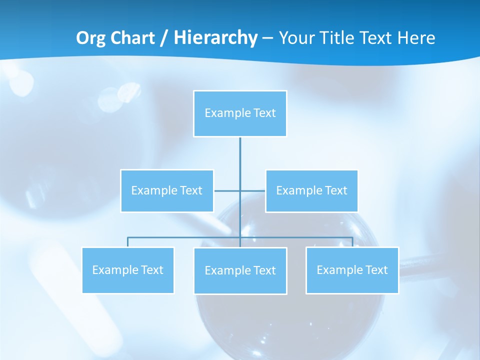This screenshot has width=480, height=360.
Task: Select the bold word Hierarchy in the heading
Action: (215, 38)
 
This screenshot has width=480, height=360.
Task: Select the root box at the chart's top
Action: (240, 113)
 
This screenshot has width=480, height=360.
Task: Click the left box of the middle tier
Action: (167, 190)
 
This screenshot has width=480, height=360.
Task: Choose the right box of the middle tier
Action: (311, 190)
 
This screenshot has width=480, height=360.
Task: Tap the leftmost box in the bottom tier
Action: (127, 270)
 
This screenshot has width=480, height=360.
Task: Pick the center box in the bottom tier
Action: (240, 270)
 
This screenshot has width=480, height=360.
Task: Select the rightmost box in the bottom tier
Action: (352, 270)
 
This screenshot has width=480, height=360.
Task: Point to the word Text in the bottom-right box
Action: (376, 270)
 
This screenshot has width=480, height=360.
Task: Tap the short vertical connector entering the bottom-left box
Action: (127, 242)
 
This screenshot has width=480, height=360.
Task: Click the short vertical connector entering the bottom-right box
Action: (352, 242)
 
